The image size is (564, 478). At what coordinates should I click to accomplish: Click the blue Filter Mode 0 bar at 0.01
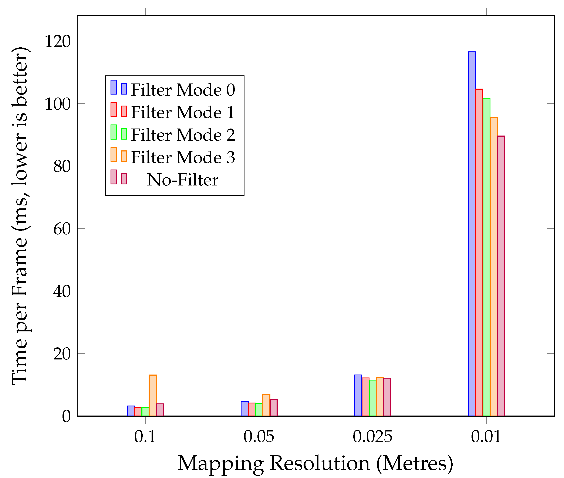(472, 233)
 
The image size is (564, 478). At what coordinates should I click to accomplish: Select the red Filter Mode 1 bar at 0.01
(479, 252)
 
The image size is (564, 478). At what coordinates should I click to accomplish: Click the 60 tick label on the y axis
(62, 229)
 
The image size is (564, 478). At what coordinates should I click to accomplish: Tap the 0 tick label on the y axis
(66, 416)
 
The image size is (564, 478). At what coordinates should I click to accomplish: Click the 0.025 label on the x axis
(373, 437)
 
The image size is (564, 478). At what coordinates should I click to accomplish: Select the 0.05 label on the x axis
(259, 437)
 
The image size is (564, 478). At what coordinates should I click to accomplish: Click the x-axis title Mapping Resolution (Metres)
(315, 463)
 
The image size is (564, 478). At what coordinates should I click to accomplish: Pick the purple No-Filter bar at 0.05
(274, 407)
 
